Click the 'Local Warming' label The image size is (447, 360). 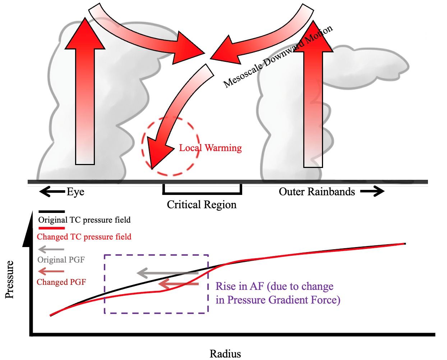[x=211, y=148]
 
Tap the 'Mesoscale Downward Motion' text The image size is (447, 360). [x=278, y=57]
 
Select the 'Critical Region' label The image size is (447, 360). [x=202, y=205]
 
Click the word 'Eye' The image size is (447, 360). [x=75, y=192]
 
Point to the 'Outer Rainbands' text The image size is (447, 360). [x=317, y=192]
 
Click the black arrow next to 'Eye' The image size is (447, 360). [x=52, y=192]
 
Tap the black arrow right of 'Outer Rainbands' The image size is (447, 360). [x=372, y=191]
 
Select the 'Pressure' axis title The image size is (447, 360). [x=10, y=279]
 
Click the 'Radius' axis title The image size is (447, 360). [x=225, y=354]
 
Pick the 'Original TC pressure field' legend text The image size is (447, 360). [x=84, y=220]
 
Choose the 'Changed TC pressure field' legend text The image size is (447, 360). [x=84, y=237]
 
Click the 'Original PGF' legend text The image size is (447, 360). [x=61, y=260]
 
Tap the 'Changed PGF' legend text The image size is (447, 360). [x=61, y=282]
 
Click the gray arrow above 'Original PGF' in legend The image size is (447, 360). [x=51, y=249]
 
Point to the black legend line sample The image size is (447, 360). [x=51, y=211]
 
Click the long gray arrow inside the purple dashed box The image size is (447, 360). [x=167, y=273]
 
